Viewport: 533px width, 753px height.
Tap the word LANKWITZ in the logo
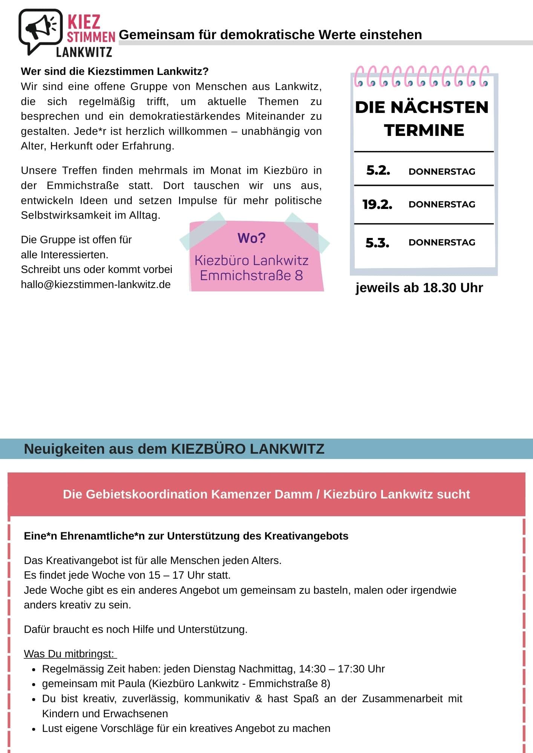84,52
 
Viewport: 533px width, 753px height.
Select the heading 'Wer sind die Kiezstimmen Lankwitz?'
115,71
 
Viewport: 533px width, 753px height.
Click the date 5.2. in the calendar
378,171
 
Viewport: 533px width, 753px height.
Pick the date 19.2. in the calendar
377,204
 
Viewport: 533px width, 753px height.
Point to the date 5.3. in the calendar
377,243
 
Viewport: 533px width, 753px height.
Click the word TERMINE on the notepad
424,130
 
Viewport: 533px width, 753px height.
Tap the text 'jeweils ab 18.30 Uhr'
419,288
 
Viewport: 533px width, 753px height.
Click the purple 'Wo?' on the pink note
251,238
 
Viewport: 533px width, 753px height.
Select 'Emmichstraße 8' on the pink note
251,276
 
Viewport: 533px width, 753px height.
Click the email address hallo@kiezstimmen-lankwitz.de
96,284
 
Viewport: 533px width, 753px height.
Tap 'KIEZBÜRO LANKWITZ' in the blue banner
248,449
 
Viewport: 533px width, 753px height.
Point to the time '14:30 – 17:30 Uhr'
342,669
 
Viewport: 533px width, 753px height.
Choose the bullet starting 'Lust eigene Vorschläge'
186,728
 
